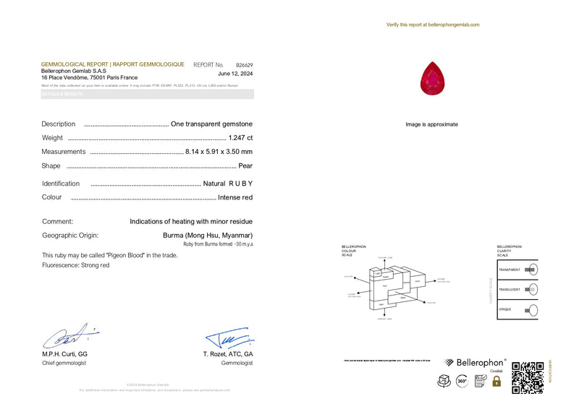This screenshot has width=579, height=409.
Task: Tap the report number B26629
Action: pyautogui.click(x=245, y=65)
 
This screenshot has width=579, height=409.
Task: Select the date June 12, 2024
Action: pyautogui.click(x=235, y=74)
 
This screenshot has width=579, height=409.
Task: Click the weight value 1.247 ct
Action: pyautogui.click(x=240, y=137)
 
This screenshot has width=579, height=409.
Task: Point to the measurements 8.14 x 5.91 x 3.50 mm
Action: pyautogui.click(x=219, y=152)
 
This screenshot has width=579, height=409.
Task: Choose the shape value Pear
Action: pyautogui.click(x=245, y=165)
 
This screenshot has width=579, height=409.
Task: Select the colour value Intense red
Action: pyautogui.click(x=236, y=197)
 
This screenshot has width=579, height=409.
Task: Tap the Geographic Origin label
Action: pyautogui.click(x=70, y=236)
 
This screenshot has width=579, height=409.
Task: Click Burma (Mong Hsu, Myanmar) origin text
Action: pyautogui.click(x=208, y=236)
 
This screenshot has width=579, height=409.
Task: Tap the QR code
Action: pyautogui.click(x=528, y=377)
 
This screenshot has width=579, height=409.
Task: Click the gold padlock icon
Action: pyautogui.click(x=496, y=380)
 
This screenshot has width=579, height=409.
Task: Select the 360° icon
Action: pyautogui.click(x=461, y=380)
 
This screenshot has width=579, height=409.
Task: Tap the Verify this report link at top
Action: pyautogui.click(x=433, y=25)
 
